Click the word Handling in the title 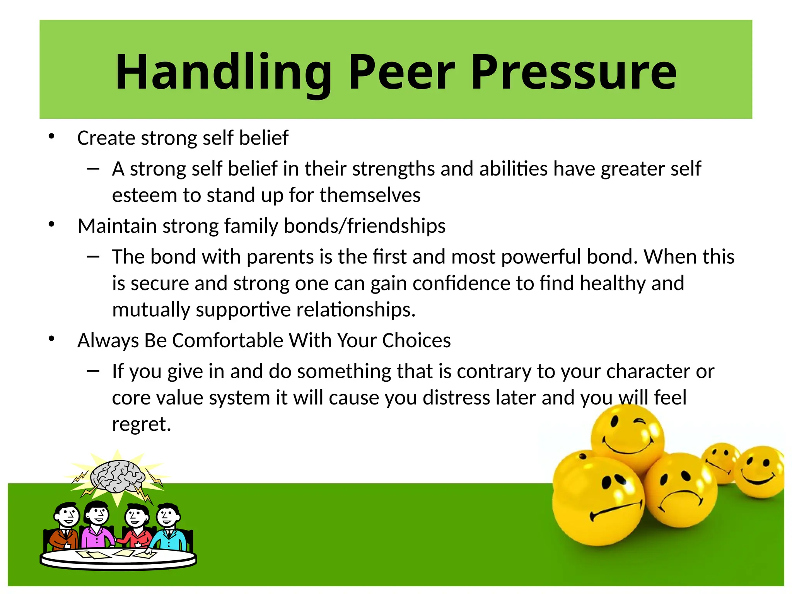pos(224,73)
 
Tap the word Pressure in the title pos(574,73)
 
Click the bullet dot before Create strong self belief pos(52,136)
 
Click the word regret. pos(141,424)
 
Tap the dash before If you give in pos(93,371)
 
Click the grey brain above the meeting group pos(117,476)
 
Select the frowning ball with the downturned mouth pos(681,490)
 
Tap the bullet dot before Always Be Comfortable pos(52,339)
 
